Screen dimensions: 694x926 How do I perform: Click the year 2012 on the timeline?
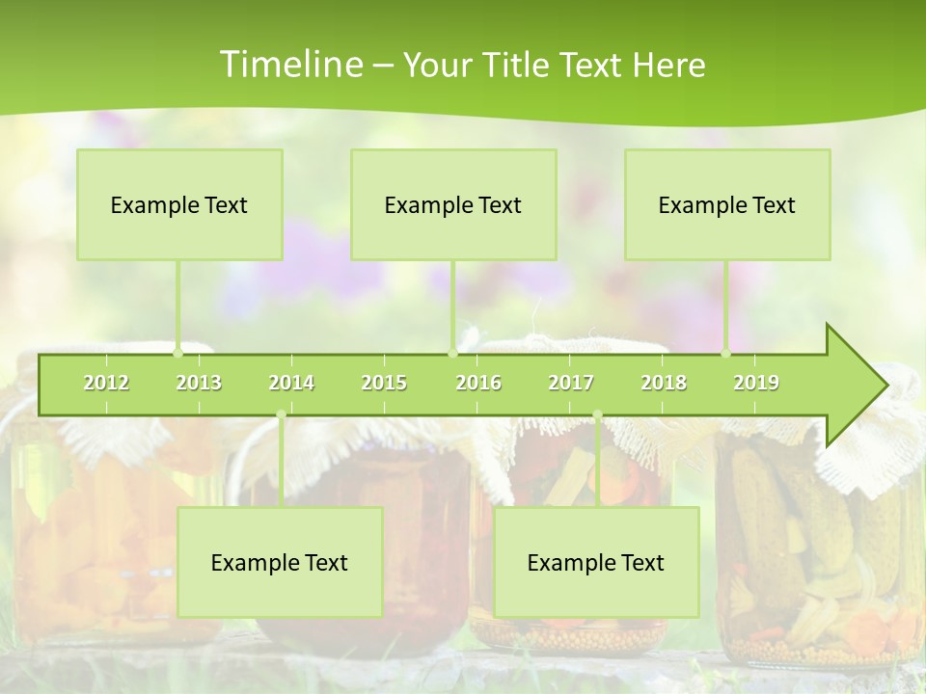tap(106, 383)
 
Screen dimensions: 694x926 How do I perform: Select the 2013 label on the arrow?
tap(199, 383)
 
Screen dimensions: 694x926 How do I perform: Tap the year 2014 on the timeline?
tap(291, 383)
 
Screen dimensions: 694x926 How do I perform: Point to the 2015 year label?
tap(384, 383)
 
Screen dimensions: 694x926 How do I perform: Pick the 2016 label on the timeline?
tap(478, 383)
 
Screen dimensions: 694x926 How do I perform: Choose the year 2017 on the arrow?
tap(571, 383)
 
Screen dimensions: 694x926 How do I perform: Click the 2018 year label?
tap(664, 383)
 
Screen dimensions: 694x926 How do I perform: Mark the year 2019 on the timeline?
tap(756, 383)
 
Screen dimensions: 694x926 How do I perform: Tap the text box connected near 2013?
tap(179, 204)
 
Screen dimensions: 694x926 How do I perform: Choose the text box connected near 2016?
tap(453, 204)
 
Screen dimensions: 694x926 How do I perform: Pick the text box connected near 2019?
tap(727, 204)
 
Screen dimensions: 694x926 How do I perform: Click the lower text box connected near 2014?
tap(280, 562)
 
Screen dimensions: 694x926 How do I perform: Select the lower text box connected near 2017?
tap(596, 562)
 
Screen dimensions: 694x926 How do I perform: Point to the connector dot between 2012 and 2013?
tap(177, 353)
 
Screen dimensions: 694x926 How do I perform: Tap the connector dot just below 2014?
tap(281, 415)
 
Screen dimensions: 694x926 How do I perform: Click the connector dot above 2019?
tap(726, 353)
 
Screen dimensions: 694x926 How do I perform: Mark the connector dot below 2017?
tap(597, 415)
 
